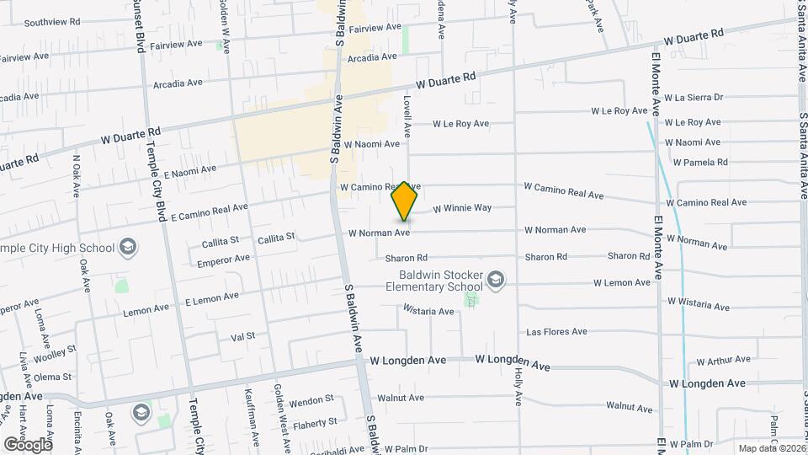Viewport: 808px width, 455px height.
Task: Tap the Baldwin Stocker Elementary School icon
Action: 497,279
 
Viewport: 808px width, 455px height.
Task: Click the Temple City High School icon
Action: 128,247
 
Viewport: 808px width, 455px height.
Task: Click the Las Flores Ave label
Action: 555,332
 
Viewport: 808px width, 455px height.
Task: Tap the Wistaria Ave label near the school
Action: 428,311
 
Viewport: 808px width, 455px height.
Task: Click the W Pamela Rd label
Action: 699,162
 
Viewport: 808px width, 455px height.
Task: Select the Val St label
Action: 242,337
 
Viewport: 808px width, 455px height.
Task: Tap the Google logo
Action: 27,443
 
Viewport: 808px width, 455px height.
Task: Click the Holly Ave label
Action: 518,395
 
